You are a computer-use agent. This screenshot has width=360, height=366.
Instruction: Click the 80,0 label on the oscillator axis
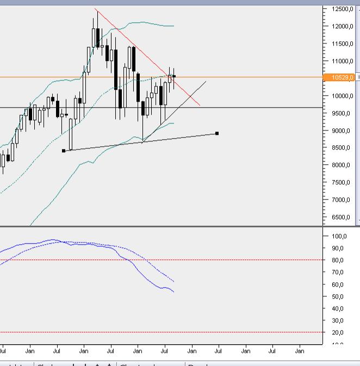tap(337, 260)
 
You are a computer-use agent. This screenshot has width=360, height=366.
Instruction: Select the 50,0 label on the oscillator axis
tap(337, 297)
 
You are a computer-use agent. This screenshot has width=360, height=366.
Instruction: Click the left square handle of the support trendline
tap(64, 151)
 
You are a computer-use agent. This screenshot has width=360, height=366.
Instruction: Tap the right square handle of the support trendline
tap(217, 133)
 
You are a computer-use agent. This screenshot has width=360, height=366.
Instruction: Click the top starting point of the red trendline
tap(95, 9)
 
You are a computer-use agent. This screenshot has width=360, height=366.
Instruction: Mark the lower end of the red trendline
tap(200, 106)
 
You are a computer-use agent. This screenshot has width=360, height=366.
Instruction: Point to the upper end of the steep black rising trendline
tap(206, 81)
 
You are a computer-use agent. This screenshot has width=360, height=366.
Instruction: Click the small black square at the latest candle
tap(174, 76)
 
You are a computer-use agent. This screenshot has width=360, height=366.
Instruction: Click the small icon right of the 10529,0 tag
tap(357, 78)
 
